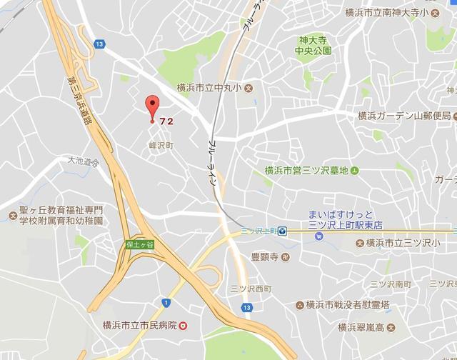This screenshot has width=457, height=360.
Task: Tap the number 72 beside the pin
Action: (167, 121)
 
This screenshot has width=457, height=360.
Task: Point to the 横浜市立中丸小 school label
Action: (209, 89)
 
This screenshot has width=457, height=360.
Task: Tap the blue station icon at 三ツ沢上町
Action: (283, 230)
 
